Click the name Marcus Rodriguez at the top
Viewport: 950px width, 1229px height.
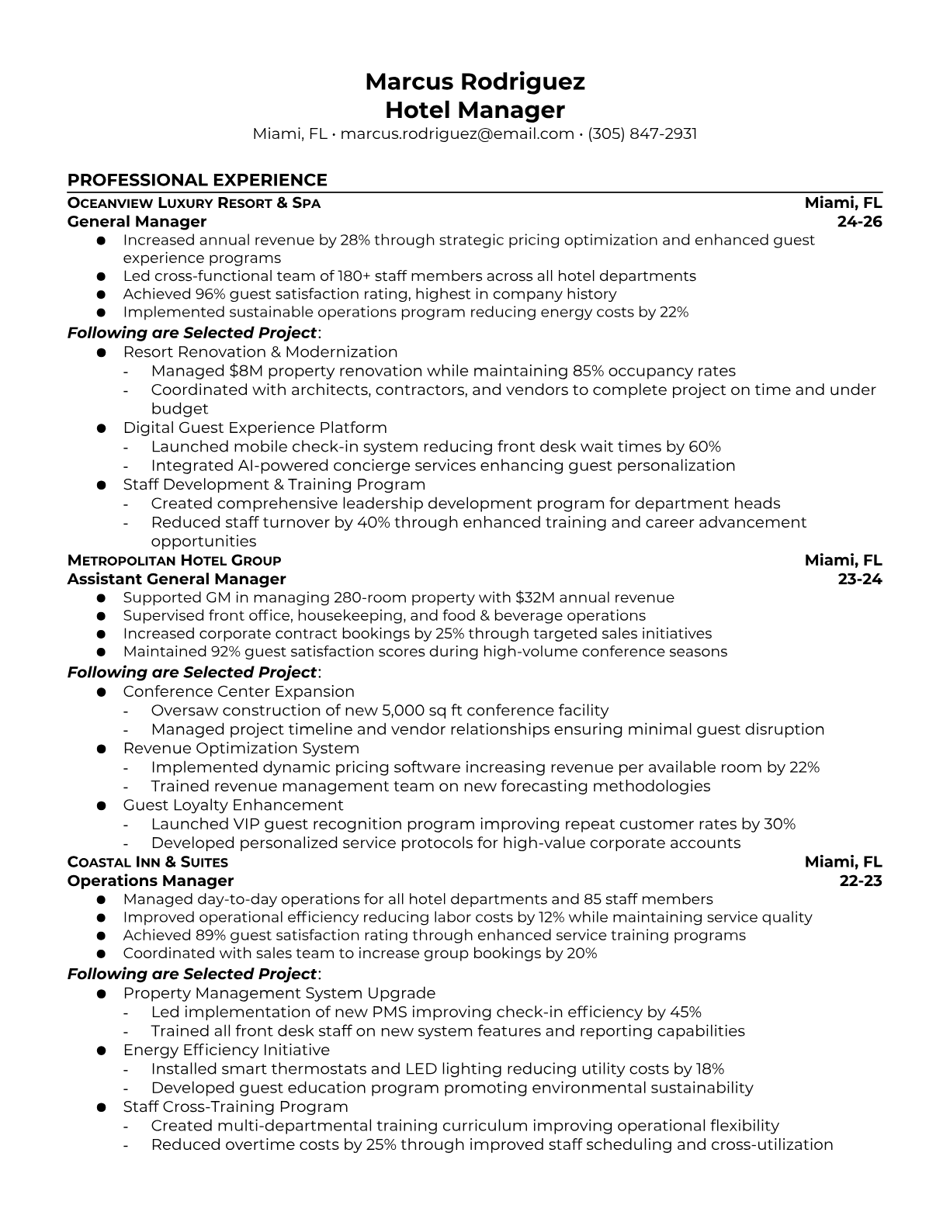click(474, 81)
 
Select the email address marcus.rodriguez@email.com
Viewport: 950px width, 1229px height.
click(457, 133)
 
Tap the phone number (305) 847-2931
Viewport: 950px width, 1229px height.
click(642, 133)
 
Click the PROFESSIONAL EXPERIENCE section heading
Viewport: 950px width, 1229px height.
click(197, 180)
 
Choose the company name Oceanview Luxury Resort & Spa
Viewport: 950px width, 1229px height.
click(194, 203)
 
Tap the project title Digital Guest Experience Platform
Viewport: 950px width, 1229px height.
click(255, 428)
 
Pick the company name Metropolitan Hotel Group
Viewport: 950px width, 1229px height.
click(174, 560)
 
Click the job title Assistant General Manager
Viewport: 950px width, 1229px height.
click(176, 579)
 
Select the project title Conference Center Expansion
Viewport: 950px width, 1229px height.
click(238, 691)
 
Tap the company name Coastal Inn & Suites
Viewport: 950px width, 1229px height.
click(147, 862)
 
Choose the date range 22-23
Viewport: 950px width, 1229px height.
click(861, 881)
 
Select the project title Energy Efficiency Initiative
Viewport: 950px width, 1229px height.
click(226, 1050)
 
